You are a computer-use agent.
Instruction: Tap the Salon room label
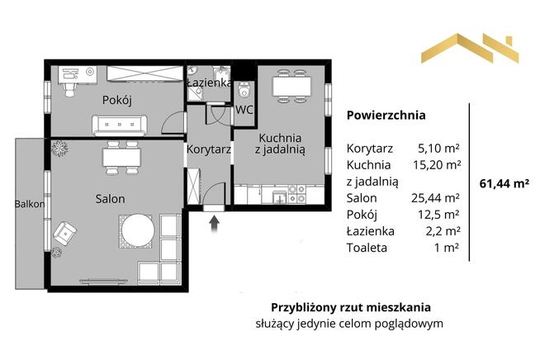point(110,199)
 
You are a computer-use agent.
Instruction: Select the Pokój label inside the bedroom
point(118,100)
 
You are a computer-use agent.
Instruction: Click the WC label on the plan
point(244,109)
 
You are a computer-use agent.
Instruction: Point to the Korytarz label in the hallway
point(208,151)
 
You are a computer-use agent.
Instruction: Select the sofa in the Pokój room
point(121,125)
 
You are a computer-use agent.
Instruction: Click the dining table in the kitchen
point(292,83)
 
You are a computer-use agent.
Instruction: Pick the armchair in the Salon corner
point(66,236)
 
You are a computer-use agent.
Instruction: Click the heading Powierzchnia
point(386,116)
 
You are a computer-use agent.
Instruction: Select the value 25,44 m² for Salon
point(439,198)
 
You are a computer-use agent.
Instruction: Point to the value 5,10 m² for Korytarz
point(439,149)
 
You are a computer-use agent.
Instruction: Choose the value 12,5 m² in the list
point(441,215)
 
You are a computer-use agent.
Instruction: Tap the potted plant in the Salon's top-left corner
point(59,149)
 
